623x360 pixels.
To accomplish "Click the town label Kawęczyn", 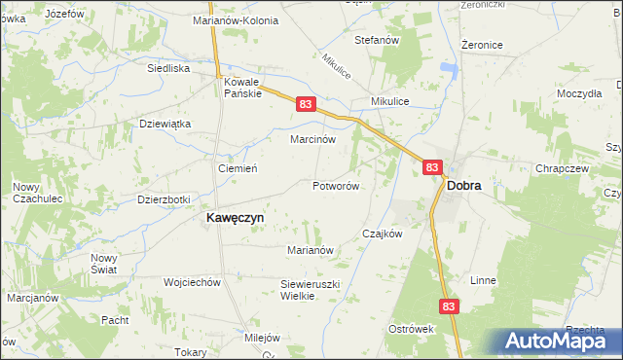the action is coord(235,219).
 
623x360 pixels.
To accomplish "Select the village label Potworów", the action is coord(337,185).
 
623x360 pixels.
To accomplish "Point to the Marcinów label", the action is coord(313,139).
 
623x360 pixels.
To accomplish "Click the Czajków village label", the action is coord(382,234).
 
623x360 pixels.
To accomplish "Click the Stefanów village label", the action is coord(378,40).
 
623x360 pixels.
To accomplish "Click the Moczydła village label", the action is coord(579,93).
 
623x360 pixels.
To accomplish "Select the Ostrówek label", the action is coord(410,329).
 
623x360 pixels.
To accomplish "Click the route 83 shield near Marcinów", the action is coord(306,104).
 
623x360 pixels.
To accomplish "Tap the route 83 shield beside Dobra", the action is coord(432,168).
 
